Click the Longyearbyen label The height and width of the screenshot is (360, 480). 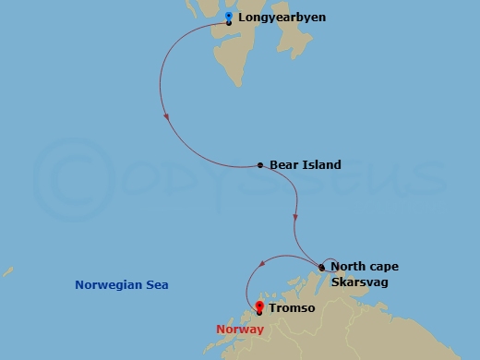pyautogui.click(x=282, y=18)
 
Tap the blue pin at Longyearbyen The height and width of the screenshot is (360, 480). pyautogui.click(x=229, y=16)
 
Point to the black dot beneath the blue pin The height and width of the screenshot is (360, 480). pyautogui.click(x=229, y=23)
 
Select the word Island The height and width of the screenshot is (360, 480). pyautogui.click(x=321, y=165)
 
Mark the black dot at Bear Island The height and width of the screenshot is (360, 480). pyautogui.click(x=260, y=166)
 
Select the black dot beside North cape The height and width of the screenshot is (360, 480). pyautogui.click(x=321, y=268)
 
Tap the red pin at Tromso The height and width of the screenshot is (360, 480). pyautogui.click(x=259, y=306)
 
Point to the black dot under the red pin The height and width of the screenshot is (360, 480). pyautogui.click(x=259, y=313)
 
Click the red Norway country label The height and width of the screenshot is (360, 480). pyautogui.click(x=238, y=330)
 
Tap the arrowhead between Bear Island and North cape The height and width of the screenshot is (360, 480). pyautogui.click(x=294, y=218)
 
